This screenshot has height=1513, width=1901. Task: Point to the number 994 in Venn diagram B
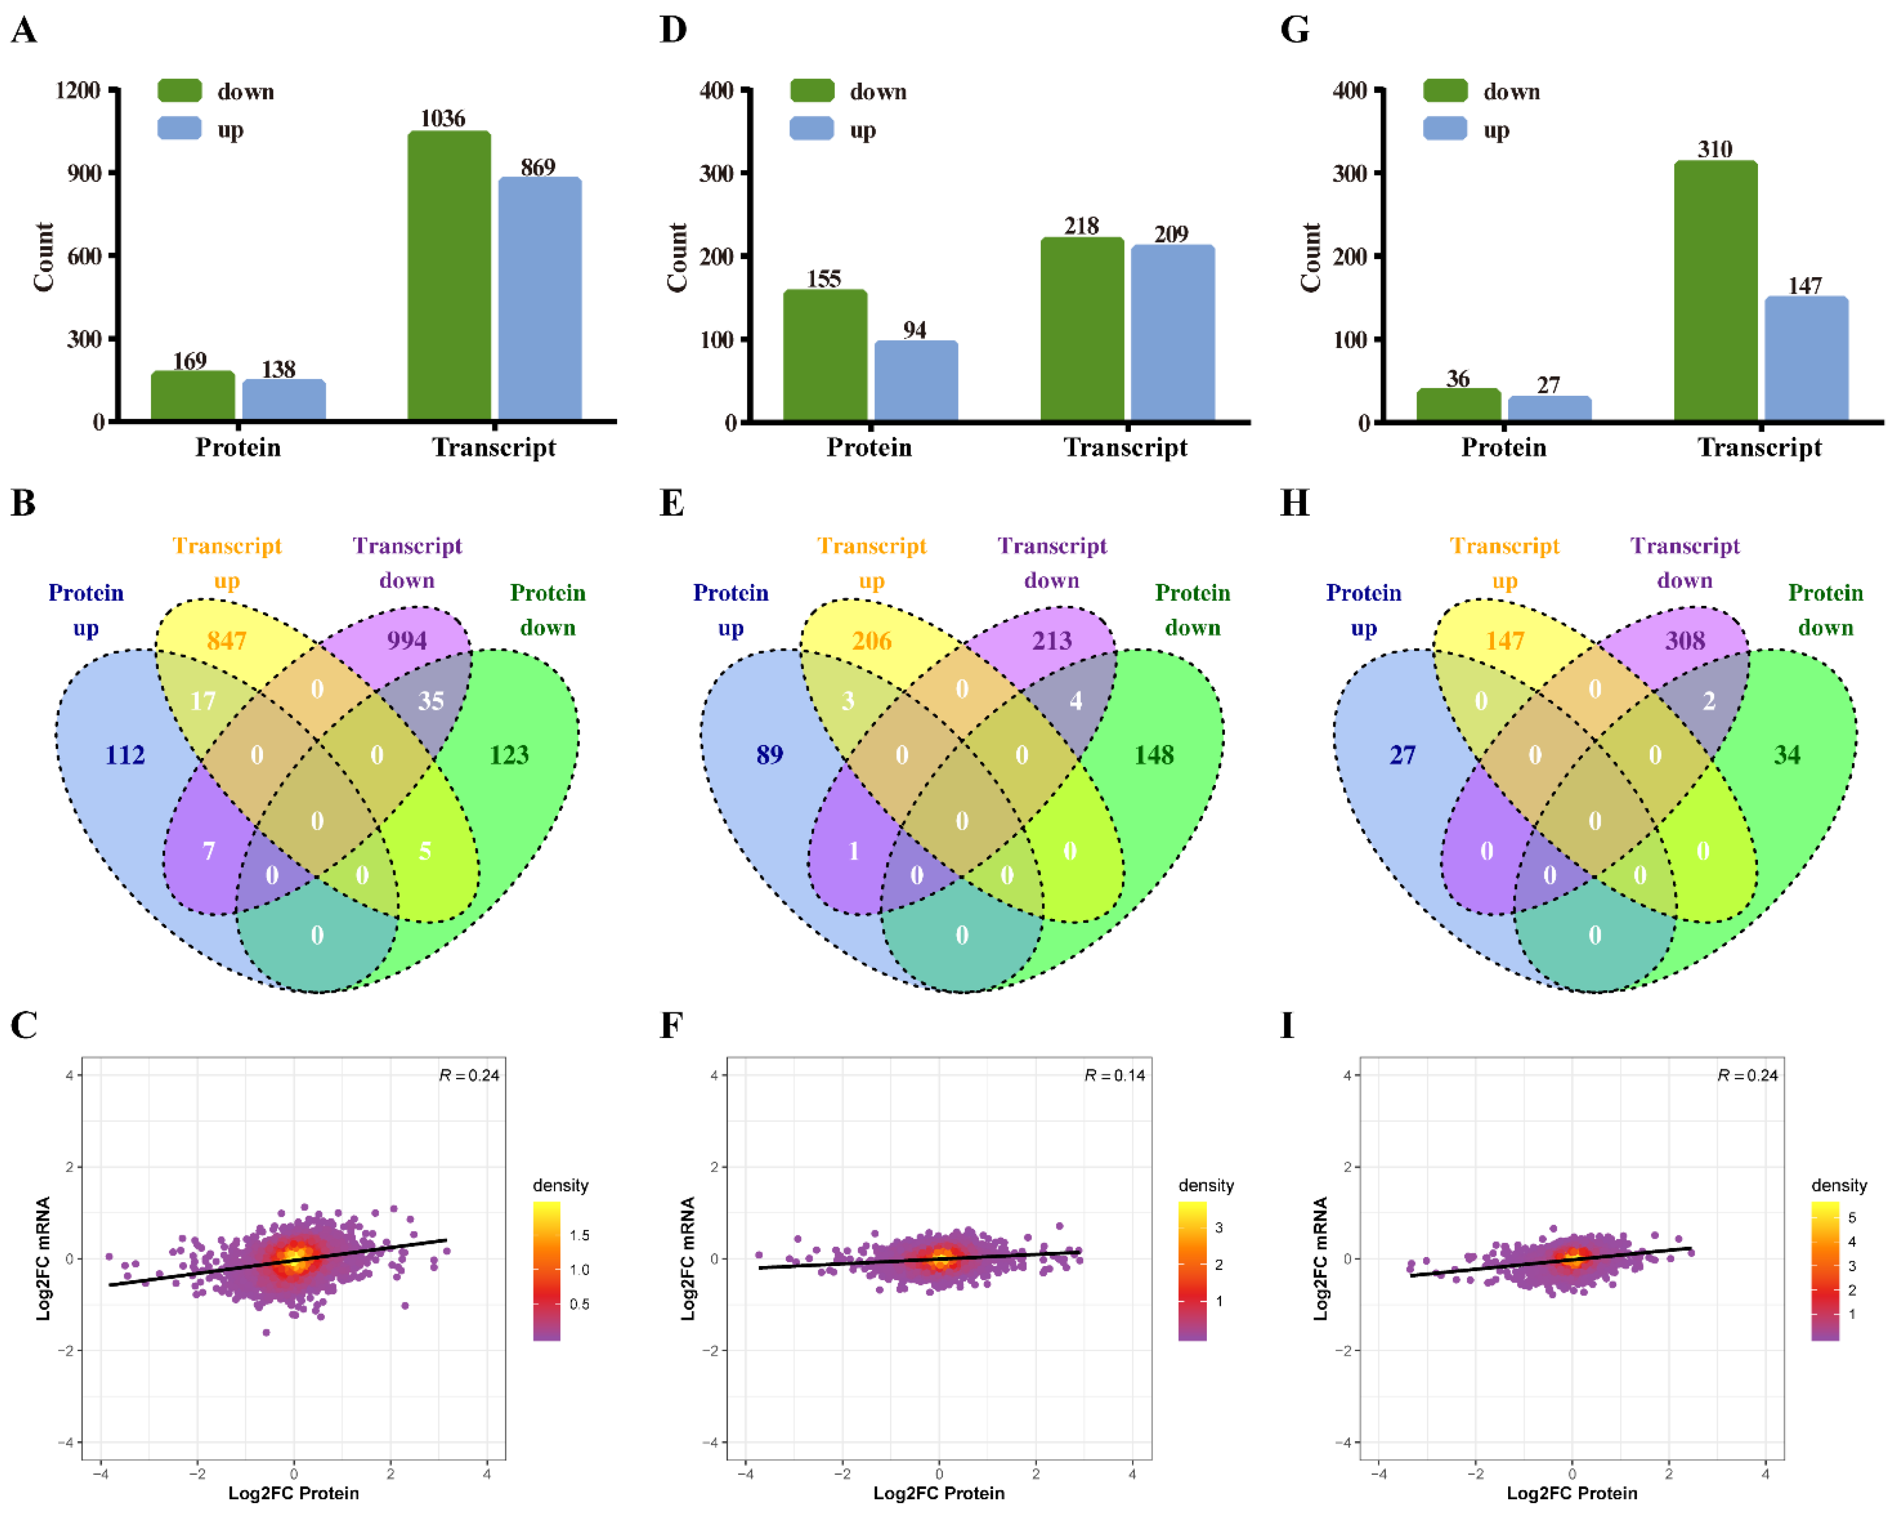coord(407,640)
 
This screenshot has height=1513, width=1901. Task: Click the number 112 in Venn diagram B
coord(125,755)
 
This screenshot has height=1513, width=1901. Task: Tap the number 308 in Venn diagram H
coord(1684,640)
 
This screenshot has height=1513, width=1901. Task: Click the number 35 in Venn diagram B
coord(430,701)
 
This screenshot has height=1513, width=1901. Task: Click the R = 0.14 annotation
coord(1114,1075)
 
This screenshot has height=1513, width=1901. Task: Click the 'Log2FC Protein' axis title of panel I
coord(1572,1493)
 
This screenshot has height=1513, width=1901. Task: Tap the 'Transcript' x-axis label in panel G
coord(1759,448)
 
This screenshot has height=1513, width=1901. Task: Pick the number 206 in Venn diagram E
coord(871,640)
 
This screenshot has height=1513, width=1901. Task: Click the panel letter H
coord(1293,502)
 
